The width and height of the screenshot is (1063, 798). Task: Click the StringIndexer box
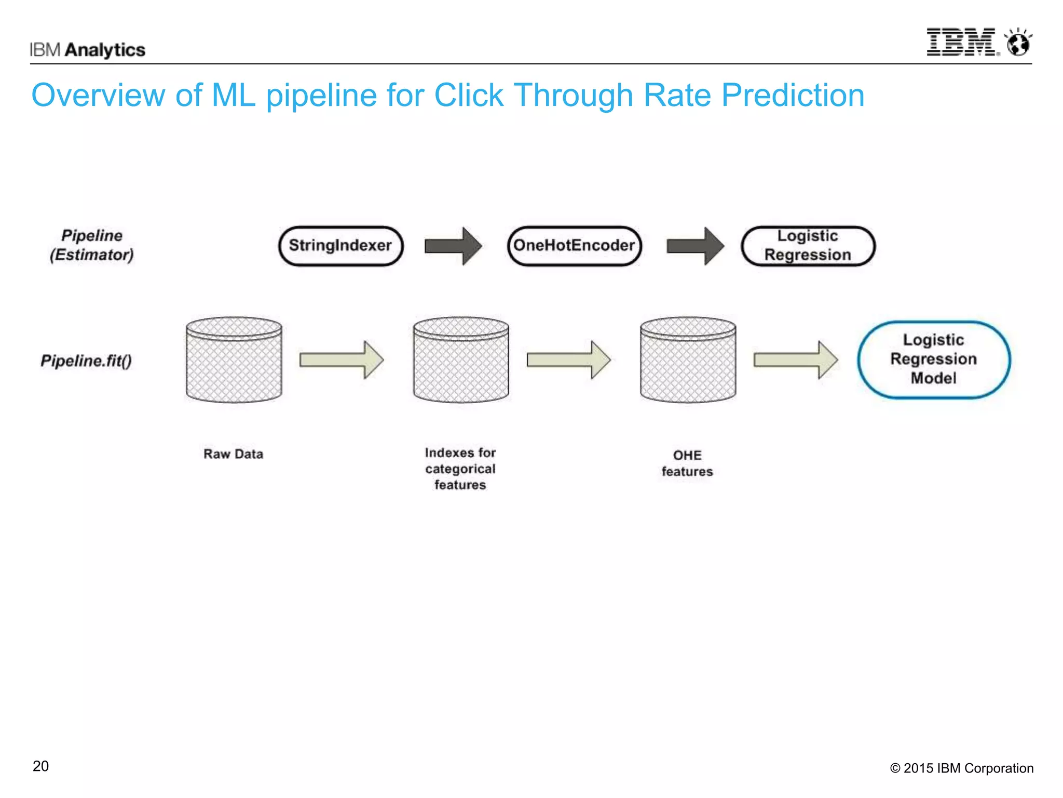pyautogui.click(x=340, y=246)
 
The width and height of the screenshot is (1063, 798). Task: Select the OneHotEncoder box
pyautogui.click(x=574, y=246)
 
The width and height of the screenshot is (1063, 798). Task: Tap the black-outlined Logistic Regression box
pyautogui.click(x=808, y=246)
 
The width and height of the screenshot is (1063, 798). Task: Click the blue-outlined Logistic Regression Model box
pyautogui.click(x=933, y=360)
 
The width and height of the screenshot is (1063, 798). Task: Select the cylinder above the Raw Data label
pyautogui.click(x=234, y=360)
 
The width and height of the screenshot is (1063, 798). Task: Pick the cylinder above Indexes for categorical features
pyautogui.click(x=461, y=360)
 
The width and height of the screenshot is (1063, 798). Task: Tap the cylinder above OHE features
pyautogui.click(x=688, y=360)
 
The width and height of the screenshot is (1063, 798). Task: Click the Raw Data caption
pyautogui.click(x=233, y=454)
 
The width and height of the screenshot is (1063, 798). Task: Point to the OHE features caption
pyautogui.click(x=687, y=463)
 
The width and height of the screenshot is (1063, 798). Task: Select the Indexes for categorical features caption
pyautogui.click(x=460, y=469)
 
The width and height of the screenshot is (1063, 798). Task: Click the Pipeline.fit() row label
pyautogui.click(x=86, y=361)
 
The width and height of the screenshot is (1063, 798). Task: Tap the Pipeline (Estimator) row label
pyautogui.click(x=92, y=245)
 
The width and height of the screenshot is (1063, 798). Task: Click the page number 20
pyautogui.click(x=40, y=766)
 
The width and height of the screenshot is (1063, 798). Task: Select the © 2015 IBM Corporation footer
pyautogui.click(x=961, y=768)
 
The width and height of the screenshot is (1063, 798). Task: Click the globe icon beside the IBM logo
pyautogui.click(x=1018, y=43)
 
